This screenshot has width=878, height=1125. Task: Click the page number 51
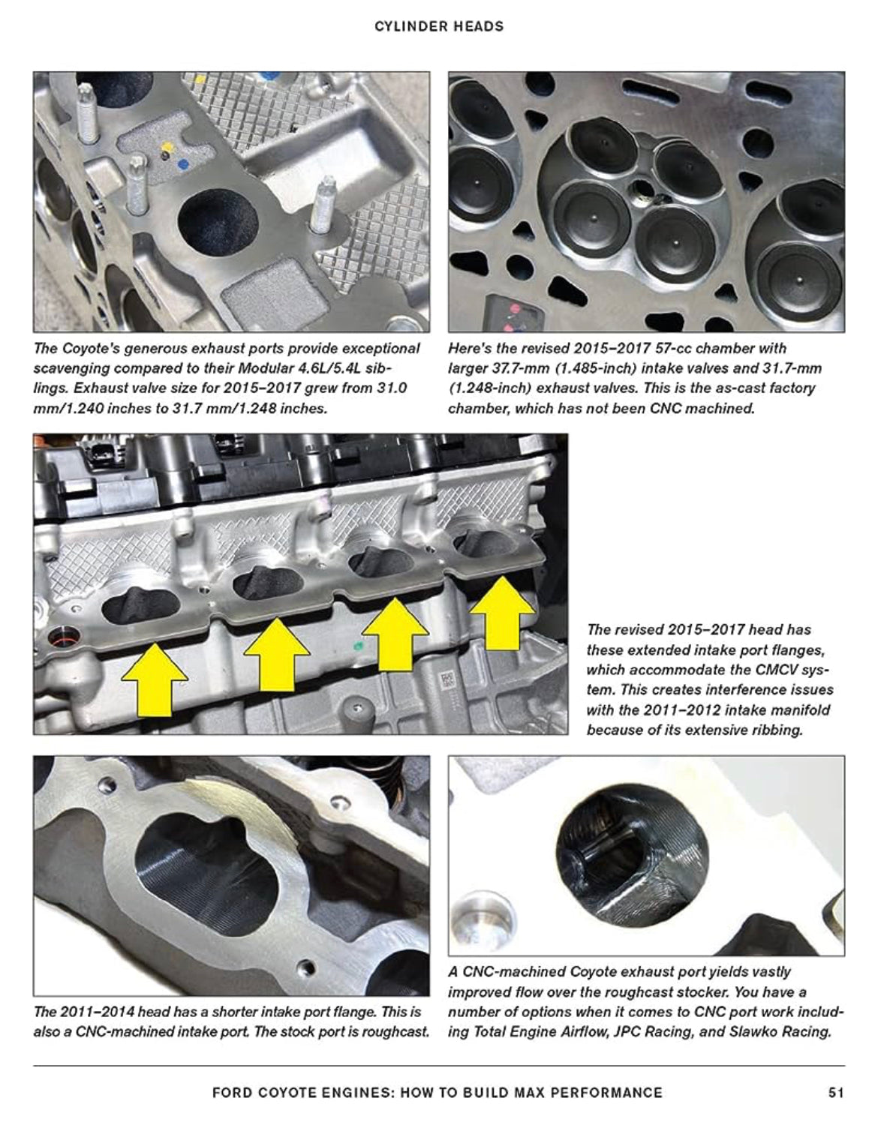tap(836, 1093)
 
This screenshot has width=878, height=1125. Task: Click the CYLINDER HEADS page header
tap(439, 27)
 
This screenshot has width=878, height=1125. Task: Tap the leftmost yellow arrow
tap(155, 679)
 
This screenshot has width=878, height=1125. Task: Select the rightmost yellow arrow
tap(502, 613)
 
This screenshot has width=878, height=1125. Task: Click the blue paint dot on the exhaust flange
tap(182, 165)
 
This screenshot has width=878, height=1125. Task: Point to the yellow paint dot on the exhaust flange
tap(167, 146)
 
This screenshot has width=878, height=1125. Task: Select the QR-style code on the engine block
tap(447, 681)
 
